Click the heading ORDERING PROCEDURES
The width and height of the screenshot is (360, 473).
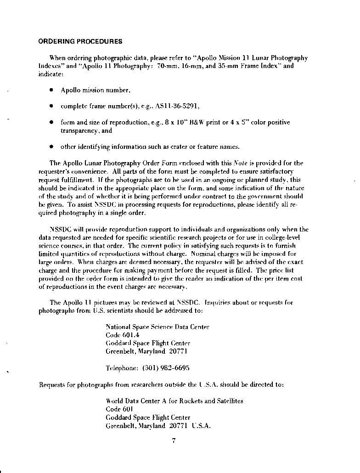(x=80, y=41)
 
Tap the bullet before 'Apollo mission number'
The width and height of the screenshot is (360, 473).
(x=51, y=90)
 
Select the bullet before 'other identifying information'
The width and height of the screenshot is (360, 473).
(x=51, y=147)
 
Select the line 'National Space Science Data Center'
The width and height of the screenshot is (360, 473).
(x=157, y=327)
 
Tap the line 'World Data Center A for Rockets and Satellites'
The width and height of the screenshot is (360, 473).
(x=174, y=401)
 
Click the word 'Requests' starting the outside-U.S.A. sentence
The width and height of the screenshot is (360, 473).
(x=52, y=385)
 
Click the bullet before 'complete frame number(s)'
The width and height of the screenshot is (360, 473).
(x=51, y=106)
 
